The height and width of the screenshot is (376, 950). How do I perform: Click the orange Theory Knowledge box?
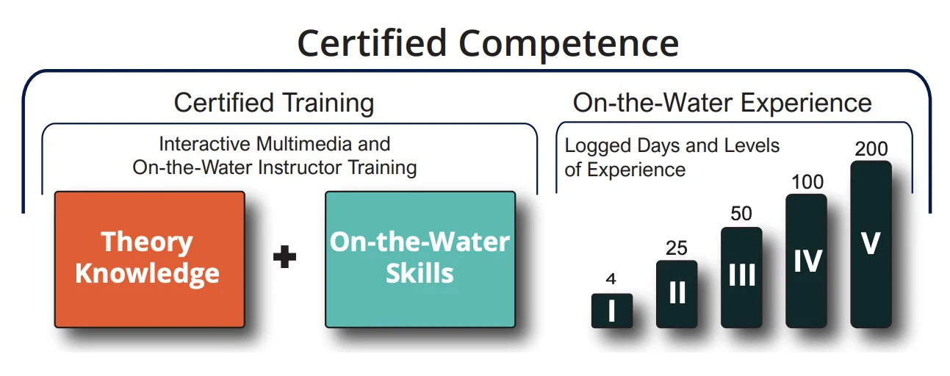point(149,258)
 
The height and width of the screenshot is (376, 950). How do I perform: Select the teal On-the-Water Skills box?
point(420,258)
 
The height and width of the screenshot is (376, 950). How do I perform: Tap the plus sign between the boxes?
point(284,258)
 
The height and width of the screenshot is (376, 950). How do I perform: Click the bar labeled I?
point(611,310)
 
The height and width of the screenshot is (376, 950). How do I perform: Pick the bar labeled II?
point(676,293)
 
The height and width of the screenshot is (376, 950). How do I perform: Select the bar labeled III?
point(741,276)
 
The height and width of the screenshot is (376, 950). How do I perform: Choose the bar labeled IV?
point(806,260)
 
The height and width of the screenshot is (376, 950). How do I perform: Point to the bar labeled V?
point(871,244)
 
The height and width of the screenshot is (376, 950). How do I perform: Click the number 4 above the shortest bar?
point(611,279)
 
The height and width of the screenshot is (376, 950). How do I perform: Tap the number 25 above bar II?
point(676,247)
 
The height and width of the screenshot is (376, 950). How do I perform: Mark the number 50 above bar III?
point(741,214)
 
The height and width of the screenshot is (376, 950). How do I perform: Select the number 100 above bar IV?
point(807,181)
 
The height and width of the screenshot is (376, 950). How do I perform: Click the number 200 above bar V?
point(871,149)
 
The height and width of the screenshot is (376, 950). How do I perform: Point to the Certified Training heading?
point(273,103)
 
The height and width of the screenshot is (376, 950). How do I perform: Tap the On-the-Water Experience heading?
point(722,103)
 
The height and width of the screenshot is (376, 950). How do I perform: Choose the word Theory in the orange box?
point(147,242)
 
